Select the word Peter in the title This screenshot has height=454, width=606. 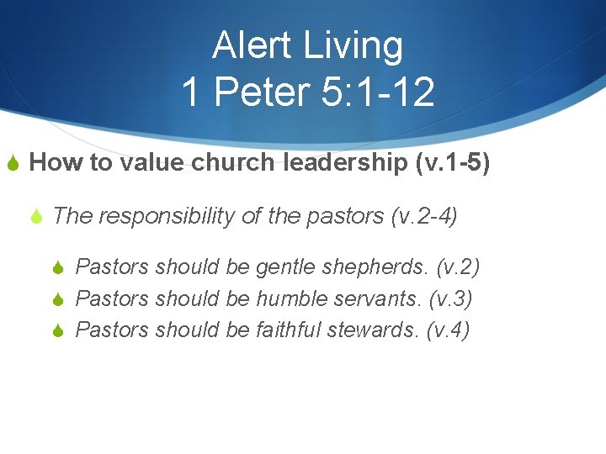point(261,91)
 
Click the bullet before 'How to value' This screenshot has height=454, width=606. point(12,163)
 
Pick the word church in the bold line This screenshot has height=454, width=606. point(233,162)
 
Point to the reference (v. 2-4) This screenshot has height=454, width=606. point(424,216)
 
